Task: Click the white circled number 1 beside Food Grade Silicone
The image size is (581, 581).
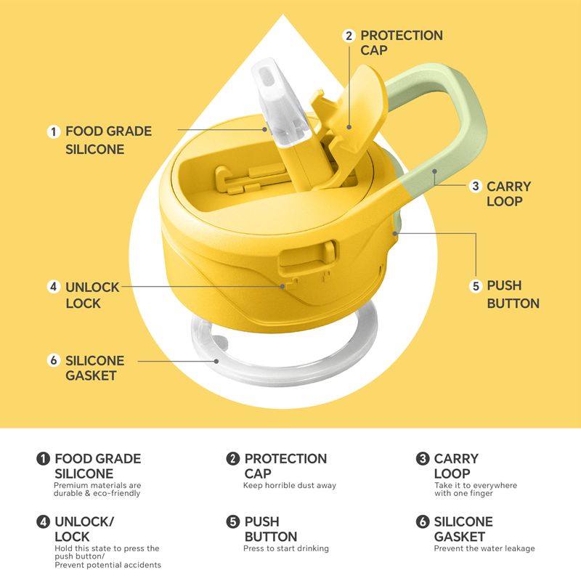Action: [54, 131]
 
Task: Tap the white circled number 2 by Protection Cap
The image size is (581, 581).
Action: [349, 36]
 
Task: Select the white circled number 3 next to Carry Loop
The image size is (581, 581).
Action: [476, 186]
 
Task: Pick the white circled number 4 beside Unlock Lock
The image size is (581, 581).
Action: [54, 286]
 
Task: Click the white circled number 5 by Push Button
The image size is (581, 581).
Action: [476, 286]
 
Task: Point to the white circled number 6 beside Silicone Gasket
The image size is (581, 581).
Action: [54, 360]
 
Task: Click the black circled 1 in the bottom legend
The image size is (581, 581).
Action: [43, 459]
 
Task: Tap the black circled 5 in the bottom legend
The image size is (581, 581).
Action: [232, 521]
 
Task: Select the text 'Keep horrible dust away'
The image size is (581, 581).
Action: [290, 485]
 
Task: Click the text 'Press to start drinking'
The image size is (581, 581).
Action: [286, 548]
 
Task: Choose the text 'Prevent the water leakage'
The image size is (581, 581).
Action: [484, 548]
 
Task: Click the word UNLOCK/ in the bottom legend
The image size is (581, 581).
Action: [84, 521]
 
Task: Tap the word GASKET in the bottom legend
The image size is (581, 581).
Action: [460, 537]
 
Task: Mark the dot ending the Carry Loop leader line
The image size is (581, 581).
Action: [434, 171]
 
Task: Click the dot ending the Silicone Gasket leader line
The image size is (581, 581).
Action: [216, 361]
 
